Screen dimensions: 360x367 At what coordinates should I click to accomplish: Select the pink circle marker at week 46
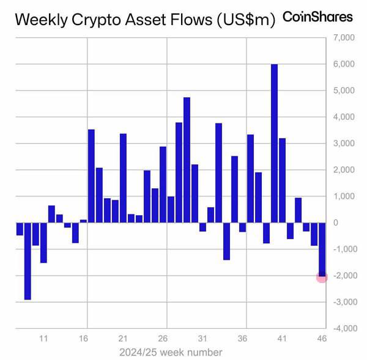tap(322, 277)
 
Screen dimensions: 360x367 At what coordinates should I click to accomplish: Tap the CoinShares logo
tap(318, 17)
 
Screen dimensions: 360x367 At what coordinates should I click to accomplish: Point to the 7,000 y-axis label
tap(343, 38)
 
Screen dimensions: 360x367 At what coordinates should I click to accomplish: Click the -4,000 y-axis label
tap(342, 328)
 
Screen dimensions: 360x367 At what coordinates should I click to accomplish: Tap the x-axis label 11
tap(43, 339)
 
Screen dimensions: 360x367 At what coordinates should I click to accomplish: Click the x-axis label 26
tap(163, 339)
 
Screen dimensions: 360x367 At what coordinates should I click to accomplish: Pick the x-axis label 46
tap(322, 339)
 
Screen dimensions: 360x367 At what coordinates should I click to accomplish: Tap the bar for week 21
tap(123, 178)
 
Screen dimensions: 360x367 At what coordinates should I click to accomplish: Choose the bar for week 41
tap(282, 180)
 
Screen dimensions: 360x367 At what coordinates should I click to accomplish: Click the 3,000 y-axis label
tap(343, 144)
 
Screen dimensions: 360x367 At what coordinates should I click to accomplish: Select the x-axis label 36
tap(242, 339)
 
